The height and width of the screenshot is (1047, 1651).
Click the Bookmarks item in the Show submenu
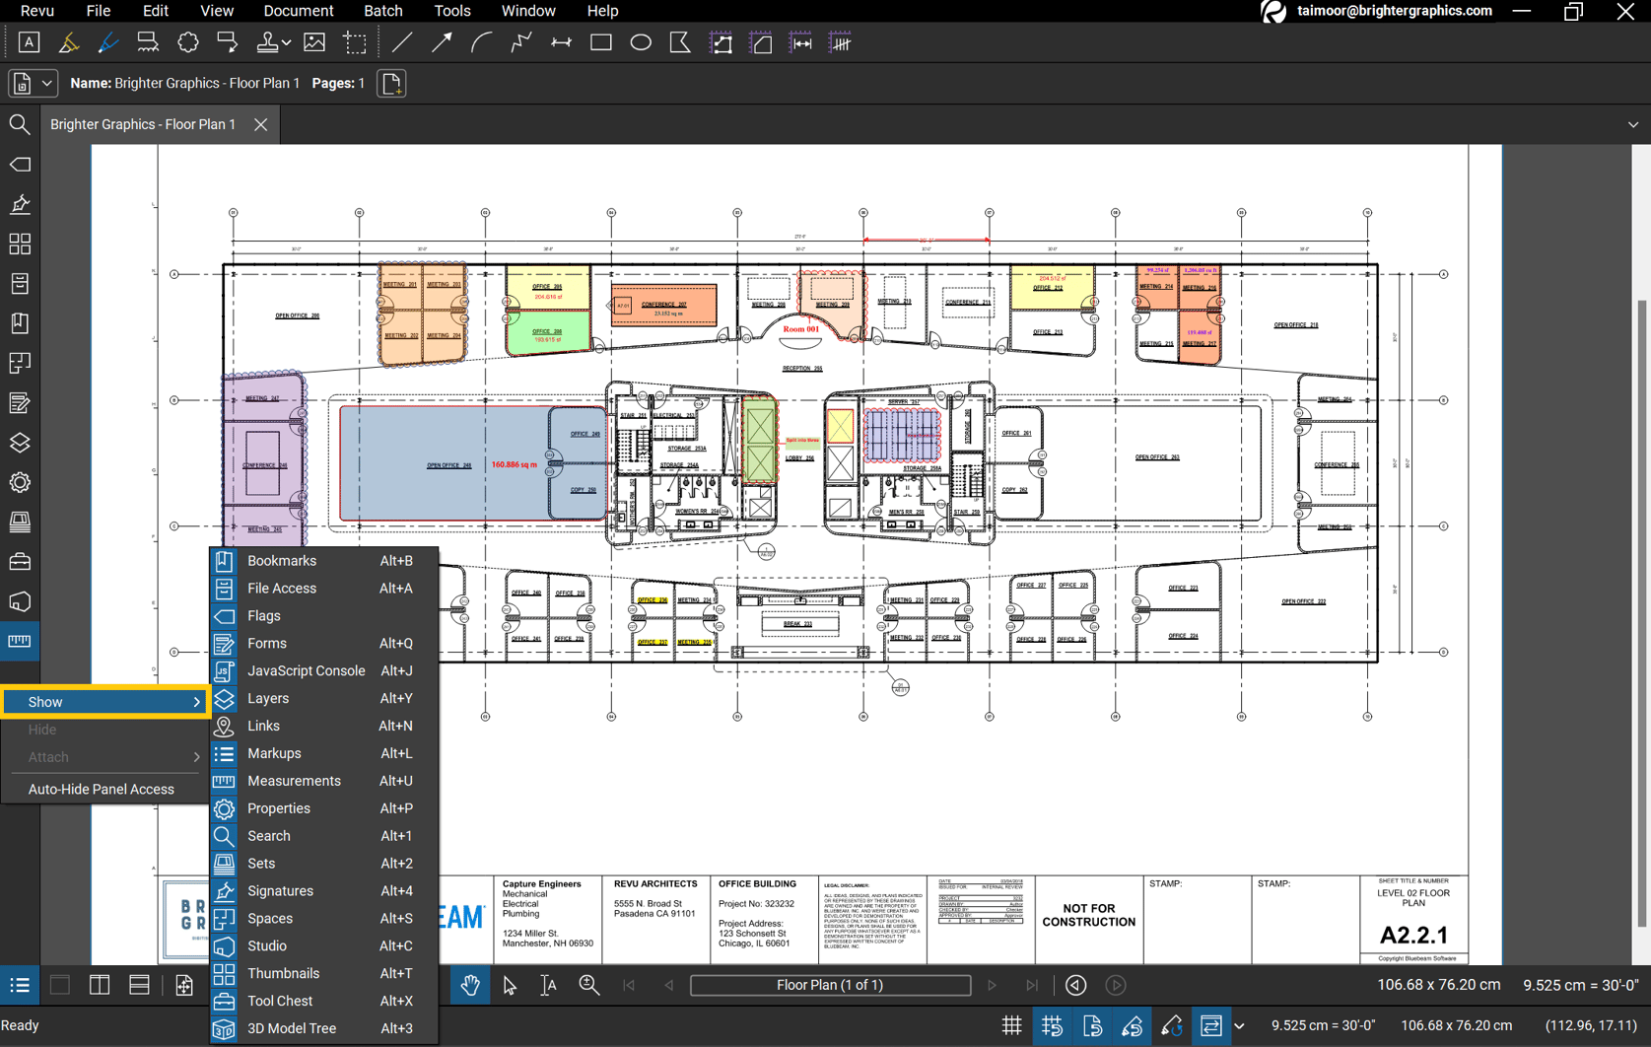coord(282,561)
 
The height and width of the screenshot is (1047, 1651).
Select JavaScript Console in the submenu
coord(306,671)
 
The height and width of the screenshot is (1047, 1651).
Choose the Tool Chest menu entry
coord(280,1002)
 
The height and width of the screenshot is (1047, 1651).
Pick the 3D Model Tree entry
coord(292,1029)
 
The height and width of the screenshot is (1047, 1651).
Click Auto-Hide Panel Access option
coord(101,790)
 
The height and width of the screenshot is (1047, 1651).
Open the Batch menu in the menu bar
coord(382,11)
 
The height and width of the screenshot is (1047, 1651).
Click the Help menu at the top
coord(602,11)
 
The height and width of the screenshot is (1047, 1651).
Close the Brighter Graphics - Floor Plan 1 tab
coord(260,125)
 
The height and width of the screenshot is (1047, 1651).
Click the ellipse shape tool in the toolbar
coord(641,43)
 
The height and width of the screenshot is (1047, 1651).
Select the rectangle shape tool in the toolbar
coord(601,43)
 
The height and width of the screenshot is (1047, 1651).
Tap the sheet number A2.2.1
coord(1413,936)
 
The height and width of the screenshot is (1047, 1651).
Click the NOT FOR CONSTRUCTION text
coord(1088,916)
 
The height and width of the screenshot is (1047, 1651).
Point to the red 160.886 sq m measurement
coord(515,464)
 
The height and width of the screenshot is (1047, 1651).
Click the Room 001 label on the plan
coord(800,329)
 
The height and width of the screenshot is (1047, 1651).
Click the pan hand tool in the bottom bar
coord(470,986)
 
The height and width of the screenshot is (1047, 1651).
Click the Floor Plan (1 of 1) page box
coord(830,986)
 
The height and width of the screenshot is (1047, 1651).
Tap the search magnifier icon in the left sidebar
coord(20,125)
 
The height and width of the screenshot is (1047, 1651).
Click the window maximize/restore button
coord(1573,12)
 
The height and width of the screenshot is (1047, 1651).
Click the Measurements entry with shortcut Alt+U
coord(294,782)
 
